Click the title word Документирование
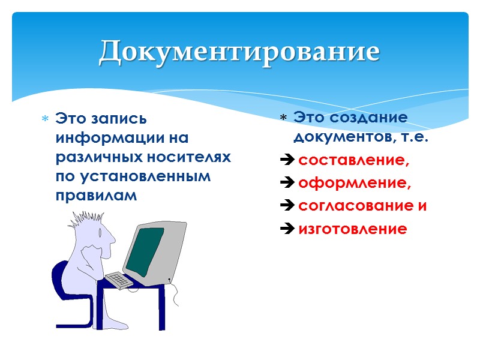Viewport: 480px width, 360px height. pos(239,52)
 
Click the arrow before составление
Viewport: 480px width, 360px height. pos(287,160)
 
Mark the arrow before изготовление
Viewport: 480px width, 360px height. pos(287,229)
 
